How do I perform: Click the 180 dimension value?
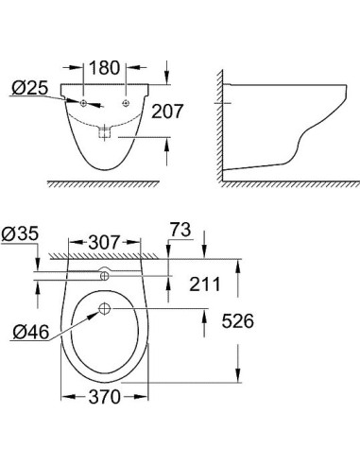pyautogui.click(x=105, y=68)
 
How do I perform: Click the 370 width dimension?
pyautogui.click(x=105, y=398)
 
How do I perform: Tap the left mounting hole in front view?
pyautogui.click(x=83, y=102)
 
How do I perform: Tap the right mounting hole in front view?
pyautogui.click(x=126, y=102)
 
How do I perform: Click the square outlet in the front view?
pyautogui.click(x=105, y=134)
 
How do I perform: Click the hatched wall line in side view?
pyautogui.click(x=220, y=123)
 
